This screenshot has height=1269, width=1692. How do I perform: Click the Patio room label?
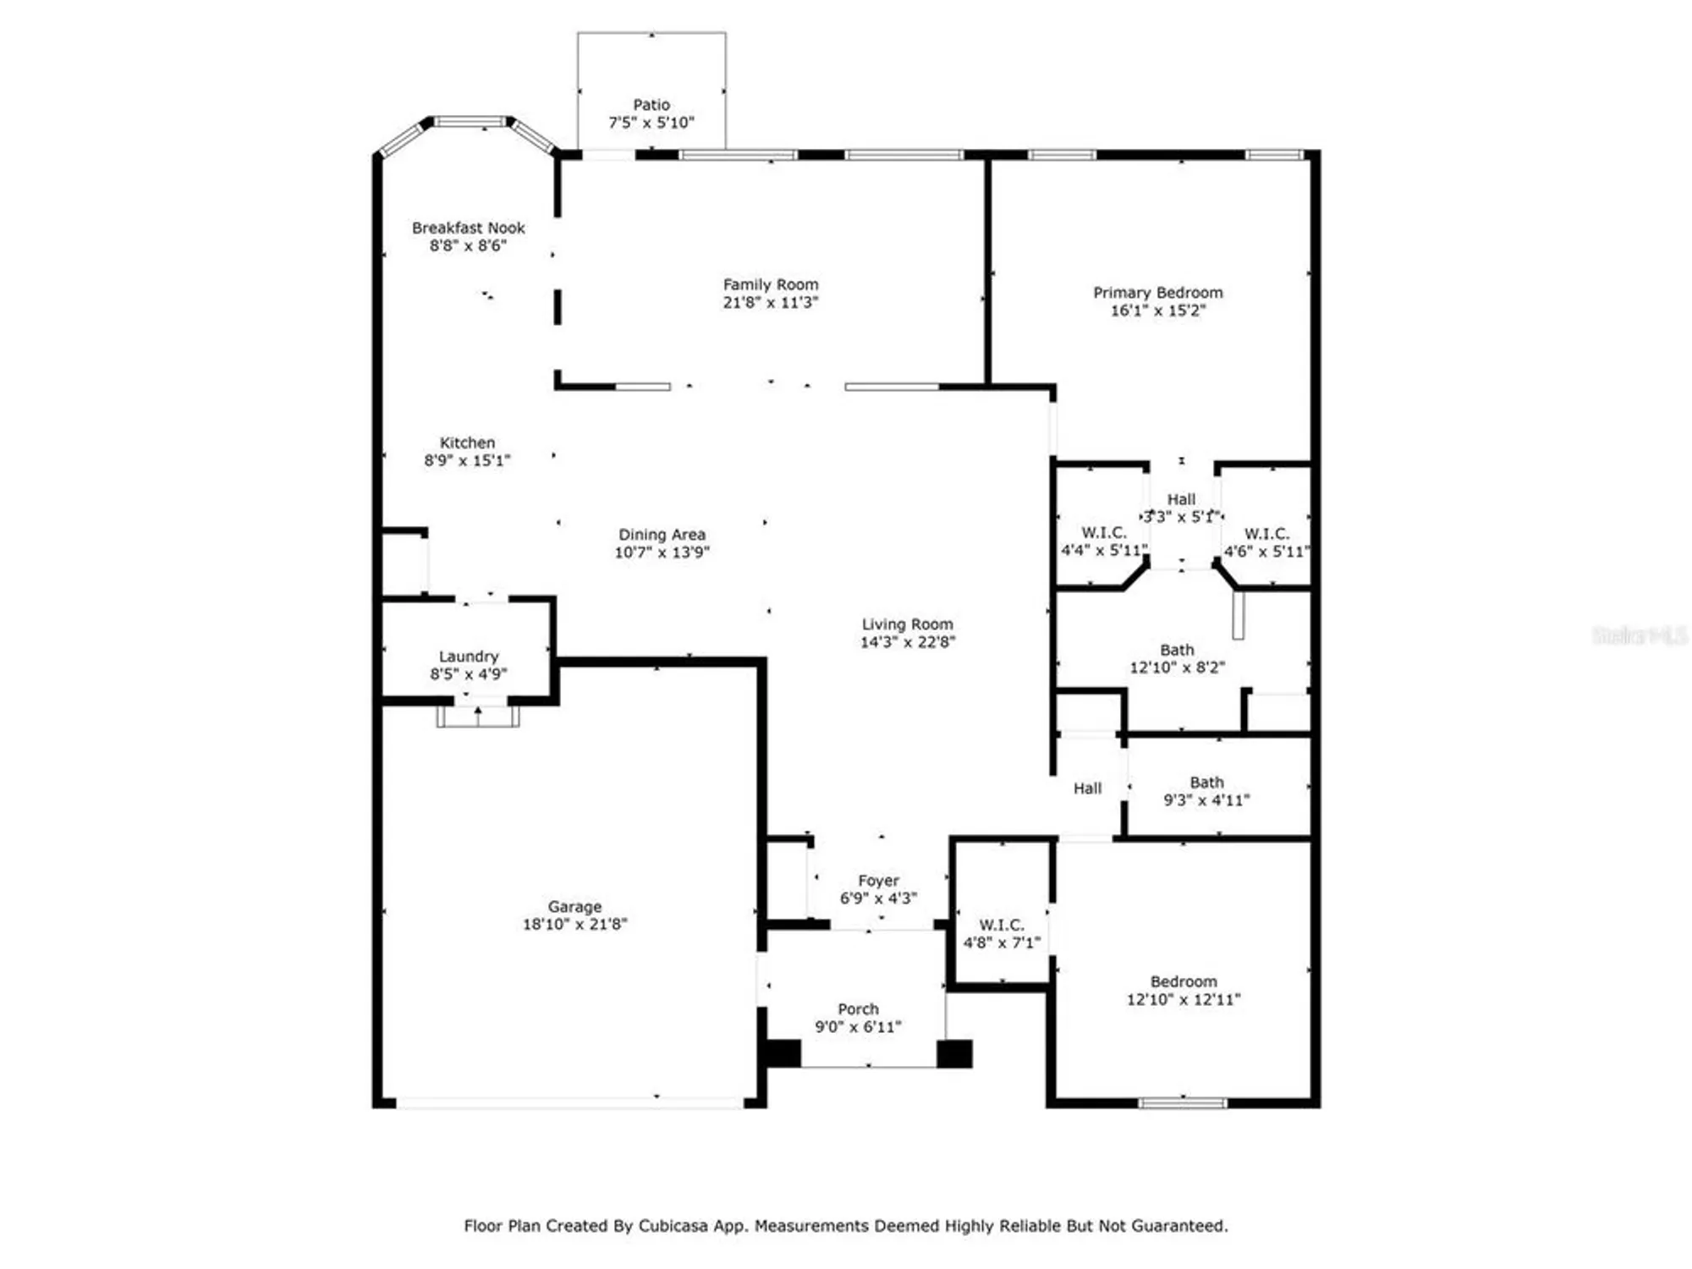(651, 105)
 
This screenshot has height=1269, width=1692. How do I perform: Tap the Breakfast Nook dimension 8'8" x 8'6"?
(468, 246)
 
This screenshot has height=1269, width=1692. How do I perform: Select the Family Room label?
(770, 284)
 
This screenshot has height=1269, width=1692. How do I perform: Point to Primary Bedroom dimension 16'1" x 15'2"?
(1157, 310)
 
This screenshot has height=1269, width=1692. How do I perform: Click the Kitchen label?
(467, 442)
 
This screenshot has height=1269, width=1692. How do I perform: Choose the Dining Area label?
(662, 535)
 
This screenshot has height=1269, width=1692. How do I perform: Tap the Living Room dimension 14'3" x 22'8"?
(907, 642)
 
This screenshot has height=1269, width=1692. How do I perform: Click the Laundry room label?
(468, 656)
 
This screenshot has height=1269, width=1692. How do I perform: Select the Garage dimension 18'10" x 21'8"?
(574, 925)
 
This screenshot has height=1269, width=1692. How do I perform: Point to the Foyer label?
(878, 881)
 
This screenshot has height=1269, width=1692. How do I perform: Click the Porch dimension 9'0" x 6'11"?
(858, 1027)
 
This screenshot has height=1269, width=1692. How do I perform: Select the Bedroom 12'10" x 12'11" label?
(1183, 981)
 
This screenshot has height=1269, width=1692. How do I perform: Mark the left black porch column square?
(783, 1053)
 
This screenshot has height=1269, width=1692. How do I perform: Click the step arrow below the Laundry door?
(478, 716)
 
